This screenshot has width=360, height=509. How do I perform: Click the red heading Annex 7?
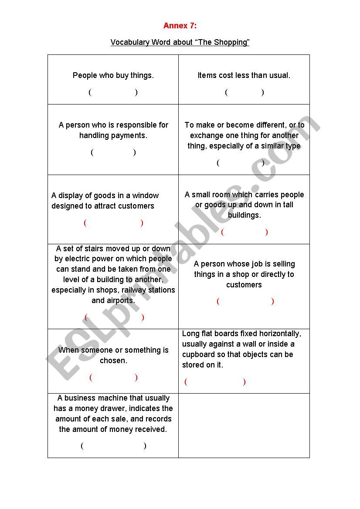pos(180,26)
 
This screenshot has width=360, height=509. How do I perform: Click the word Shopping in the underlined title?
pos(230,42)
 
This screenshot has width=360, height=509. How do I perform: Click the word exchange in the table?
pos(206,135)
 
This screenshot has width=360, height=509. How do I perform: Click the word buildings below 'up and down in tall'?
pos(244,215)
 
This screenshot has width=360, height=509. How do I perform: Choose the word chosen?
pos(113,361)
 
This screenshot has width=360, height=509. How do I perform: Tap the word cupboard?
pos(202,354)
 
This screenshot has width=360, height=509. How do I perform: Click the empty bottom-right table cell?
pos(244,425)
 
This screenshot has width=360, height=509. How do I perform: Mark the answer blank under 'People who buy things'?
pos(113,92)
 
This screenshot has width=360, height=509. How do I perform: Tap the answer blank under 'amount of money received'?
pos(113,445)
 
